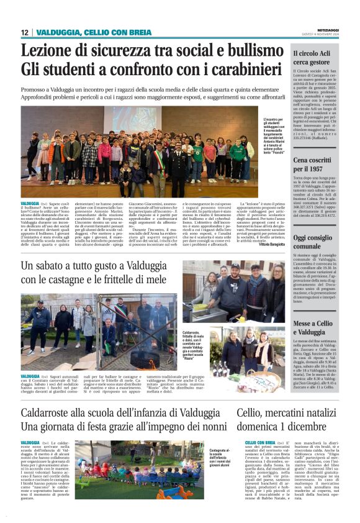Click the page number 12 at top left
24,32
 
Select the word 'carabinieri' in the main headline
235,69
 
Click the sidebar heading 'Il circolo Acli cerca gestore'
316,58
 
